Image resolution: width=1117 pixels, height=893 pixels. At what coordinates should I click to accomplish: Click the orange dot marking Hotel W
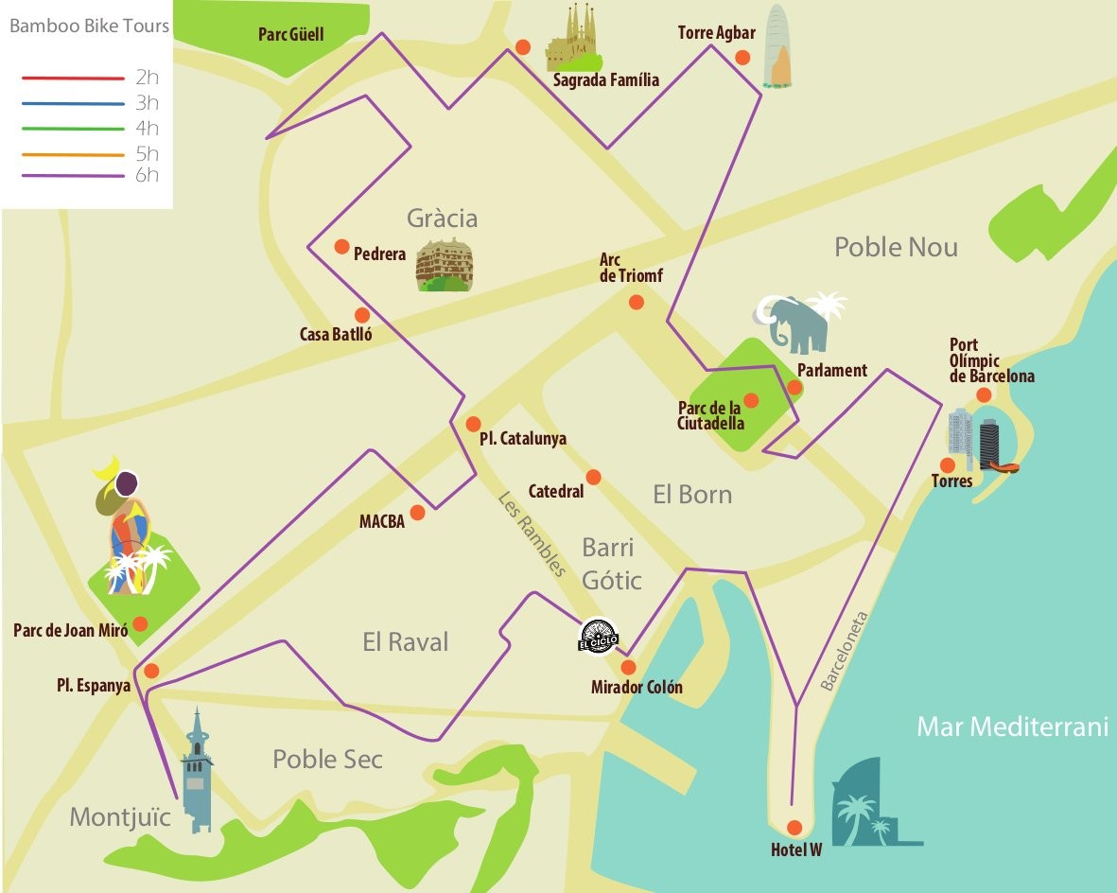pos(794,827)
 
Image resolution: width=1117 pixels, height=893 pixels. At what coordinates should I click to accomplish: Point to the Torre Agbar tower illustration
pos(777,47)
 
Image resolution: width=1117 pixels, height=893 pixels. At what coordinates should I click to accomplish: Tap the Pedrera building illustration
pos(444,265)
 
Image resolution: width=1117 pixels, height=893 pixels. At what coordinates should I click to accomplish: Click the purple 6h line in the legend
pos(74,176)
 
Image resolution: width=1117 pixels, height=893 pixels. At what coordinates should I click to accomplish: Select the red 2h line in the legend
pos(74,78)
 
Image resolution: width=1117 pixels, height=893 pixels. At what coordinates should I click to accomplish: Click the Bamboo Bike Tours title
pos(89,26)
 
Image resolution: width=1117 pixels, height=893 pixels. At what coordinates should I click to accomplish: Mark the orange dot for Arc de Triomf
pos(637,302)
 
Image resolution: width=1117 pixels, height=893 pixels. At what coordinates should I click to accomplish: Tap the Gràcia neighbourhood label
pos(442,219)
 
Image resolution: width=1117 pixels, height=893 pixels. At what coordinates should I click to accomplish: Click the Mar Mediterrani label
pos(1011,727)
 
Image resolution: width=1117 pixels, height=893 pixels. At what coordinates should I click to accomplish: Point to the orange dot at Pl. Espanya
pos(151,671)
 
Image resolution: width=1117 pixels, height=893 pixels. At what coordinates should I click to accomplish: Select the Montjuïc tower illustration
pos(197,771)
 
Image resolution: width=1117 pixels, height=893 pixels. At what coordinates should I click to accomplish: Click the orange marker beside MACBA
pos(417,513)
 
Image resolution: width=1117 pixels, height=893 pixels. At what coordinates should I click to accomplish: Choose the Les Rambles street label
pos(532,534)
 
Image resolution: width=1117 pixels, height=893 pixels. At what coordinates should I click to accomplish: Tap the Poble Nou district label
pos(896,248)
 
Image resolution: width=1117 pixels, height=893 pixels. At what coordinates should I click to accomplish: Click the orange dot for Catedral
pos(593,477)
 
